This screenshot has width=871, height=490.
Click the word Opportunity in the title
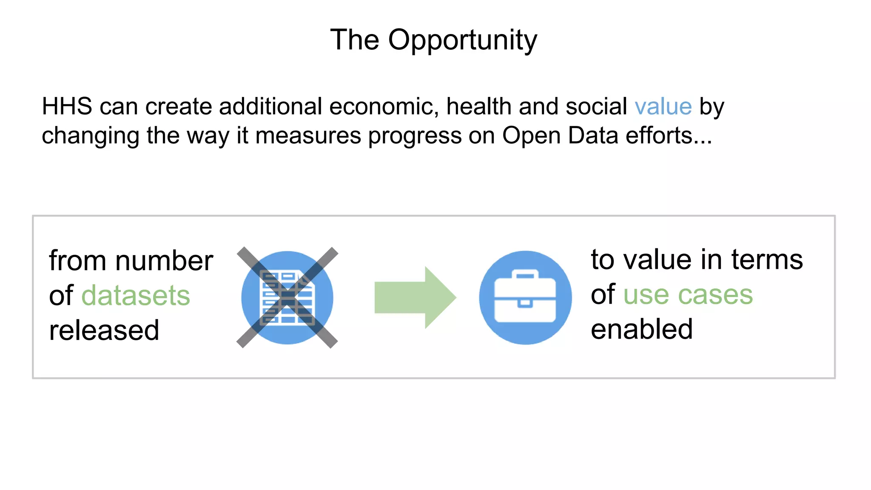(462, 40)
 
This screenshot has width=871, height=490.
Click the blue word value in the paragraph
(663, 106)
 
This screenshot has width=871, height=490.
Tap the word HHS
(67, 106)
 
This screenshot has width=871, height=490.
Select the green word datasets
(136, 296)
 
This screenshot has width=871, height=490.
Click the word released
(104, 330)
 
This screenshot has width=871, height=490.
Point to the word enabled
(642, 329)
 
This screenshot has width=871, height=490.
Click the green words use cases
(688, 294)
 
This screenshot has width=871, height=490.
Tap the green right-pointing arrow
(415, 298)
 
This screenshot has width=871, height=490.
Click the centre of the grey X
(287, 298)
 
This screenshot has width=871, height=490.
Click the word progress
(415, 137)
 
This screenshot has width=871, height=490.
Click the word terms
(767, 259)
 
